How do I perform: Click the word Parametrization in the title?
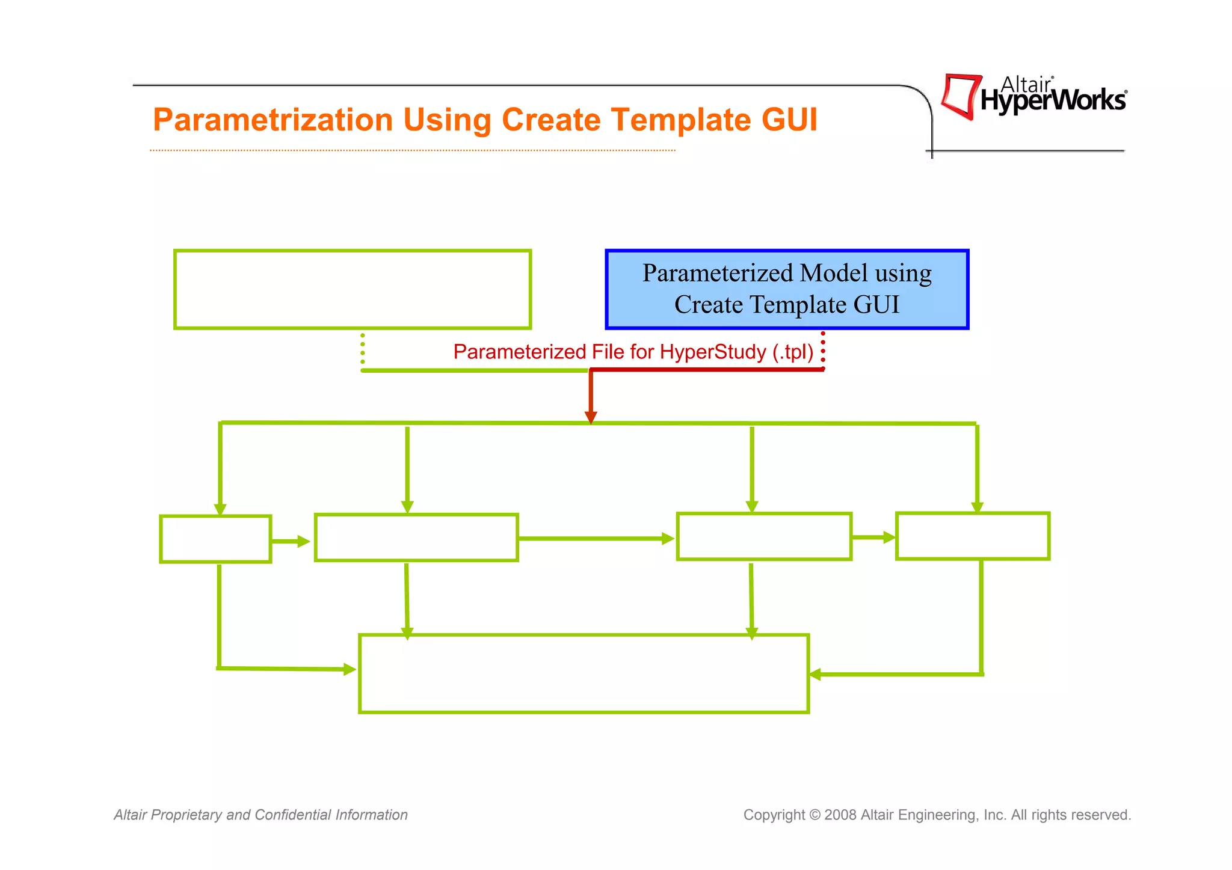[273, 120]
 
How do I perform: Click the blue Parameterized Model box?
[787, 289]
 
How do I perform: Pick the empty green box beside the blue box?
[353, 289]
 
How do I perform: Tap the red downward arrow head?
[591, 417]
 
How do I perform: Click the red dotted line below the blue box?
[823, 350]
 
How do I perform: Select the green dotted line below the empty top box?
[363, 349]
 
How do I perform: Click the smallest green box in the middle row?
[215, 539]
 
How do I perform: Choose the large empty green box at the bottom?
[584, 673]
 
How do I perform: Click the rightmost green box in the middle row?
[972, 536]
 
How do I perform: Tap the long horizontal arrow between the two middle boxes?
[596, 539]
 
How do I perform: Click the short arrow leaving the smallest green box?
[291, 542]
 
